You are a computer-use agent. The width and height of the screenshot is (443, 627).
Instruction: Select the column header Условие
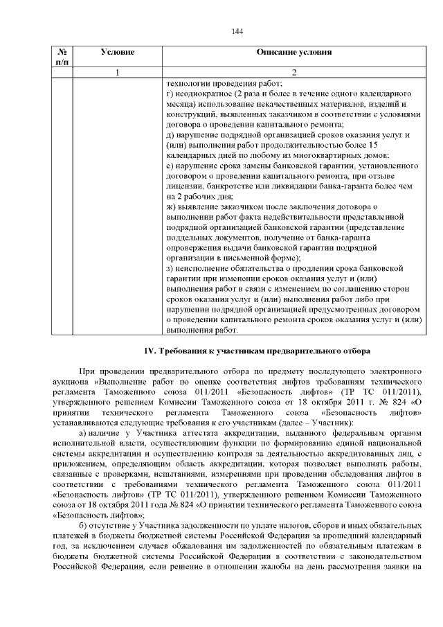pos(117,53)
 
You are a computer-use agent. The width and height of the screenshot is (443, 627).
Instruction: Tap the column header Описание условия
pos(293,53)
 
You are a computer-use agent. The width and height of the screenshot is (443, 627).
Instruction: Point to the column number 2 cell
pos(293,72)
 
